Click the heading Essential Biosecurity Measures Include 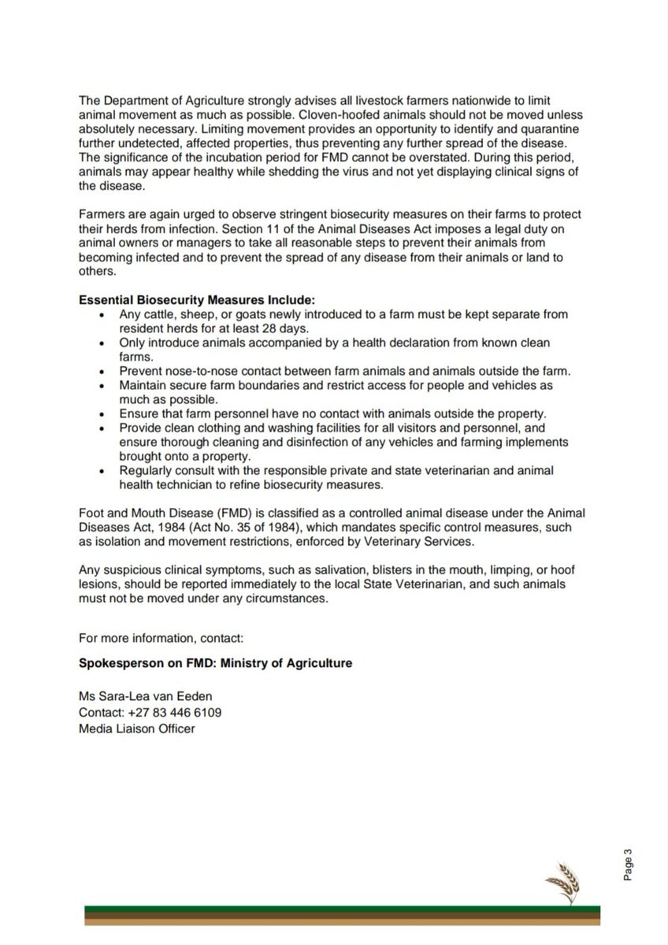(x=197, y=300)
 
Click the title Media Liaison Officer (x=136, y=728)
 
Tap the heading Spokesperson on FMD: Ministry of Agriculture (x=215, y=663)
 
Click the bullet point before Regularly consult (x=102, y=471)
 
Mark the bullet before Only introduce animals (x=102, y=343)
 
